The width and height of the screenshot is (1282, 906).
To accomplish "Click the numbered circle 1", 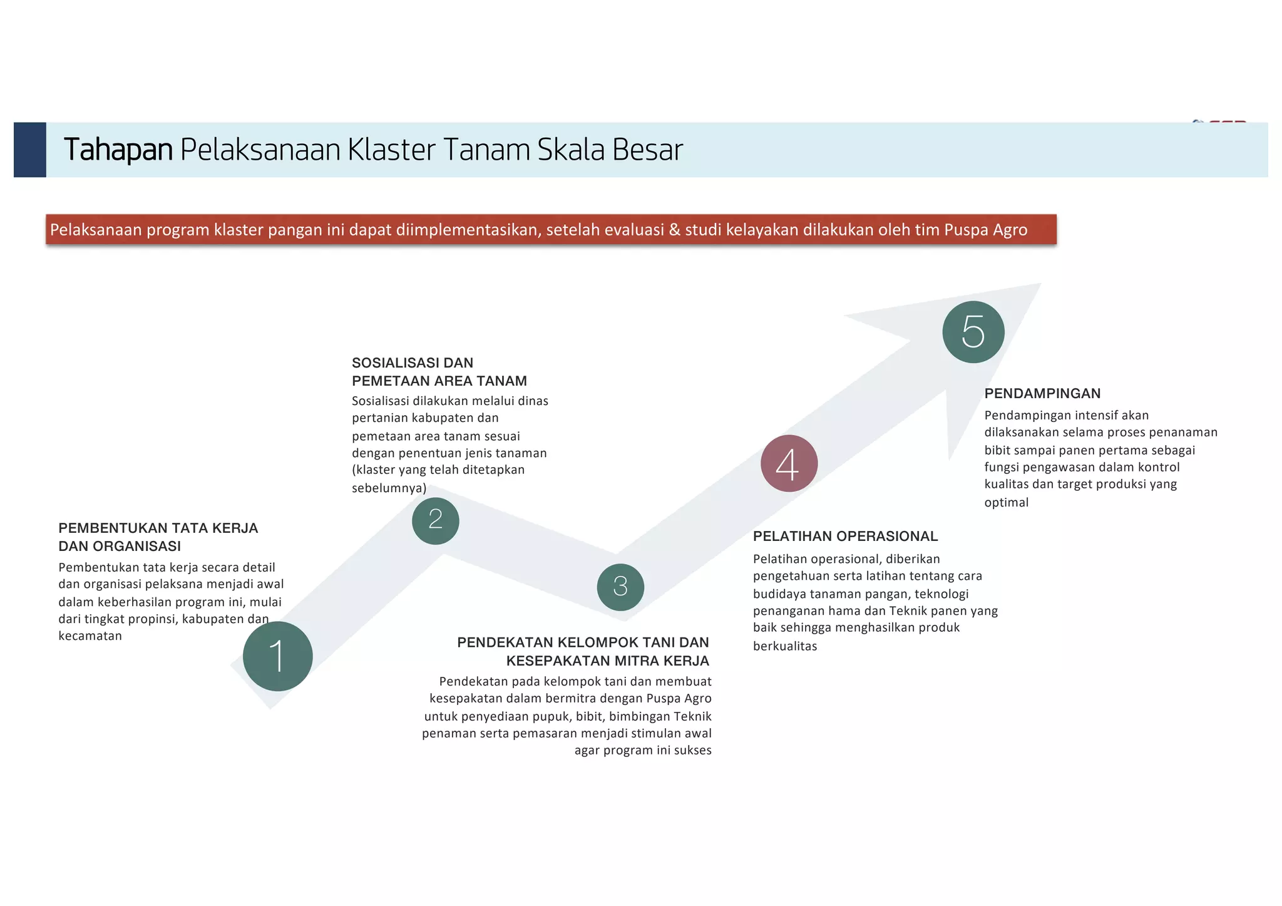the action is click(277, 656).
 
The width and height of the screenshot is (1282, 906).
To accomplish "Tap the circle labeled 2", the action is click(436, 520).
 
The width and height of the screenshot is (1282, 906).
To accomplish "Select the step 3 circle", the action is click(620, 587).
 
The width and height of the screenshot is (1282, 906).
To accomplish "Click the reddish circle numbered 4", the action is click(789, 463).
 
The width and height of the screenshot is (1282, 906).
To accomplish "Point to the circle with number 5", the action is click(973, 332).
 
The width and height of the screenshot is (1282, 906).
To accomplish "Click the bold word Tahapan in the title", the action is click(118, 150).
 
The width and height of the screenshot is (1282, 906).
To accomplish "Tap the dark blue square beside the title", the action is click(30, 150).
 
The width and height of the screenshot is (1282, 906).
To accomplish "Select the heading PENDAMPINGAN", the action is click(1042, 393).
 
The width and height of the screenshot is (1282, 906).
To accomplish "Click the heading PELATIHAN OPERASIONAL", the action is click(845, 536).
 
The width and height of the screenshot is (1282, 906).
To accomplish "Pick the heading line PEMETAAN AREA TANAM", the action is click(439, 381).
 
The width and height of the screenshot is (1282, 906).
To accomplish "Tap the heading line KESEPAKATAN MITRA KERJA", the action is click(607, 661).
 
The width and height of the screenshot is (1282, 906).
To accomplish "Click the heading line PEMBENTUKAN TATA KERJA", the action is click(158, 528).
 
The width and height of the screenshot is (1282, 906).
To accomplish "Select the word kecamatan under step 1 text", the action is click(90, 636).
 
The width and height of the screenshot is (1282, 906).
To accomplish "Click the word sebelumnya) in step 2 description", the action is click(389, 488).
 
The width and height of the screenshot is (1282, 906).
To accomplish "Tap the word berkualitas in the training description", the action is click(785, 646).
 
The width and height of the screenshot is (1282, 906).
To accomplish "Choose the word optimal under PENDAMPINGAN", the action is click(1006, 502).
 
